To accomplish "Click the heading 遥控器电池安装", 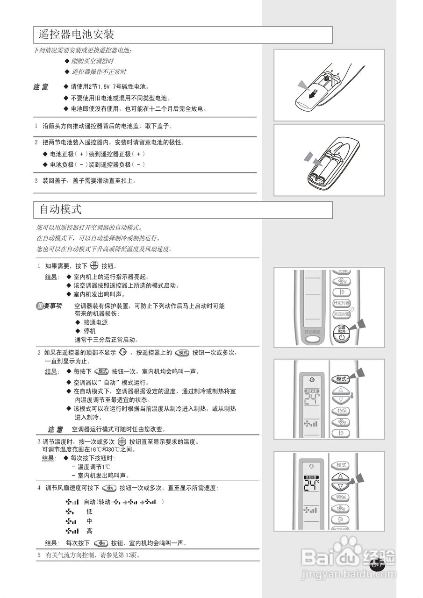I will tap(77, 35).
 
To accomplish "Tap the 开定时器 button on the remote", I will tap(341, 303).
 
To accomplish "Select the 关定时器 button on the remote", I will tap(341, 314).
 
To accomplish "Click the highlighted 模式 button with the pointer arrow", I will tap(341, 379).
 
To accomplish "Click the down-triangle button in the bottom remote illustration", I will tap(341, 486).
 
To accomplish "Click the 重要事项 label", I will tap(50, 306).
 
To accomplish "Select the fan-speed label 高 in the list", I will tap(89, 531).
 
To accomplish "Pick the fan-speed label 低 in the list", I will tap(89, 512).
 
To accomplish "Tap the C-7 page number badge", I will tap(377, 564).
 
